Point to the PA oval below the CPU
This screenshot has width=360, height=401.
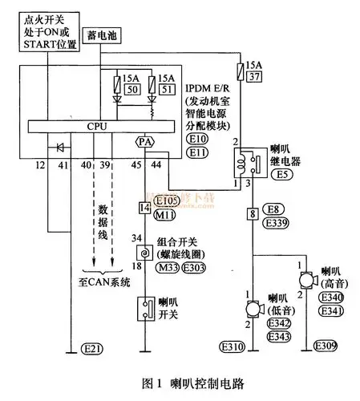click(x=145, y=142)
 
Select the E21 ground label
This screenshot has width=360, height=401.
click(x=92, y=350)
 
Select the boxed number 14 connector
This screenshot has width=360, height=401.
click(x=145, y=208)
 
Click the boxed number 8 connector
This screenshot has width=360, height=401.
click(x=253, y=215)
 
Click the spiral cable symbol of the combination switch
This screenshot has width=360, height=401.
click(x=145, y=253)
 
